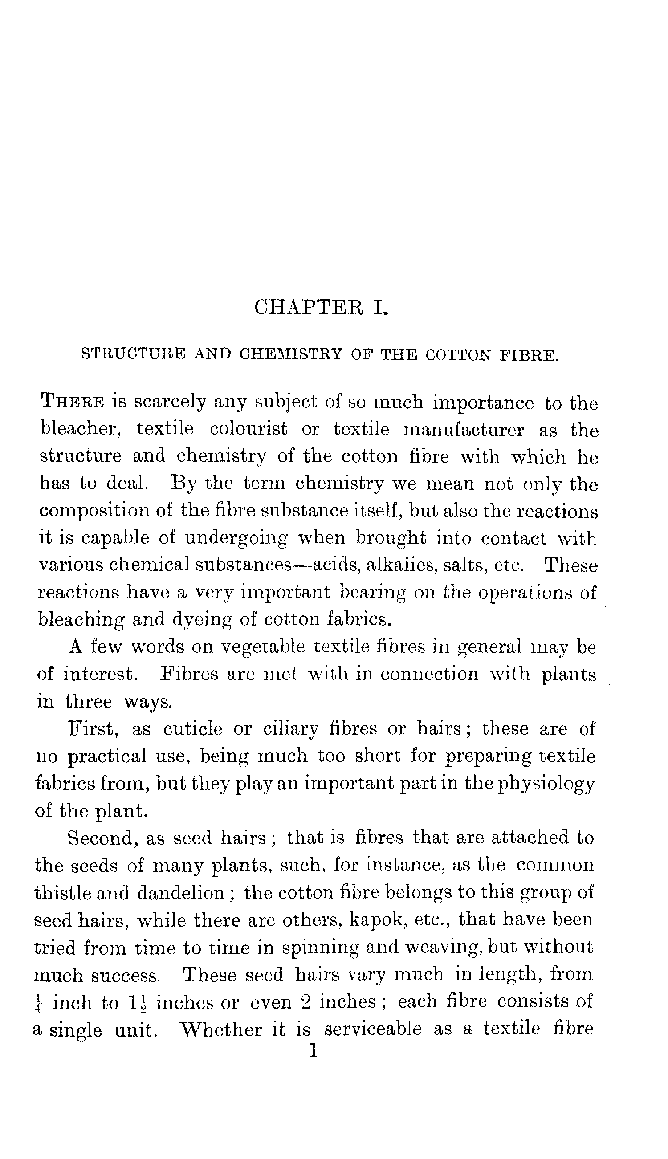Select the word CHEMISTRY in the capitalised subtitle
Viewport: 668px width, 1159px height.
(291, 354)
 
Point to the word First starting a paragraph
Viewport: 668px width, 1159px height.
(94, 728)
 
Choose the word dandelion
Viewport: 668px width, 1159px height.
(181, 893)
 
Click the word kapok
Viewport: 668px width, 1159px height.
(378, 919)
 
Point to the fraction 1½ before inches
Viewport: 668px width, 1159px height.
(138, 1003)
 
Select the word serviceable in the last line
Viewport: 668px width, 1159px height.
(373, 1029)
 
